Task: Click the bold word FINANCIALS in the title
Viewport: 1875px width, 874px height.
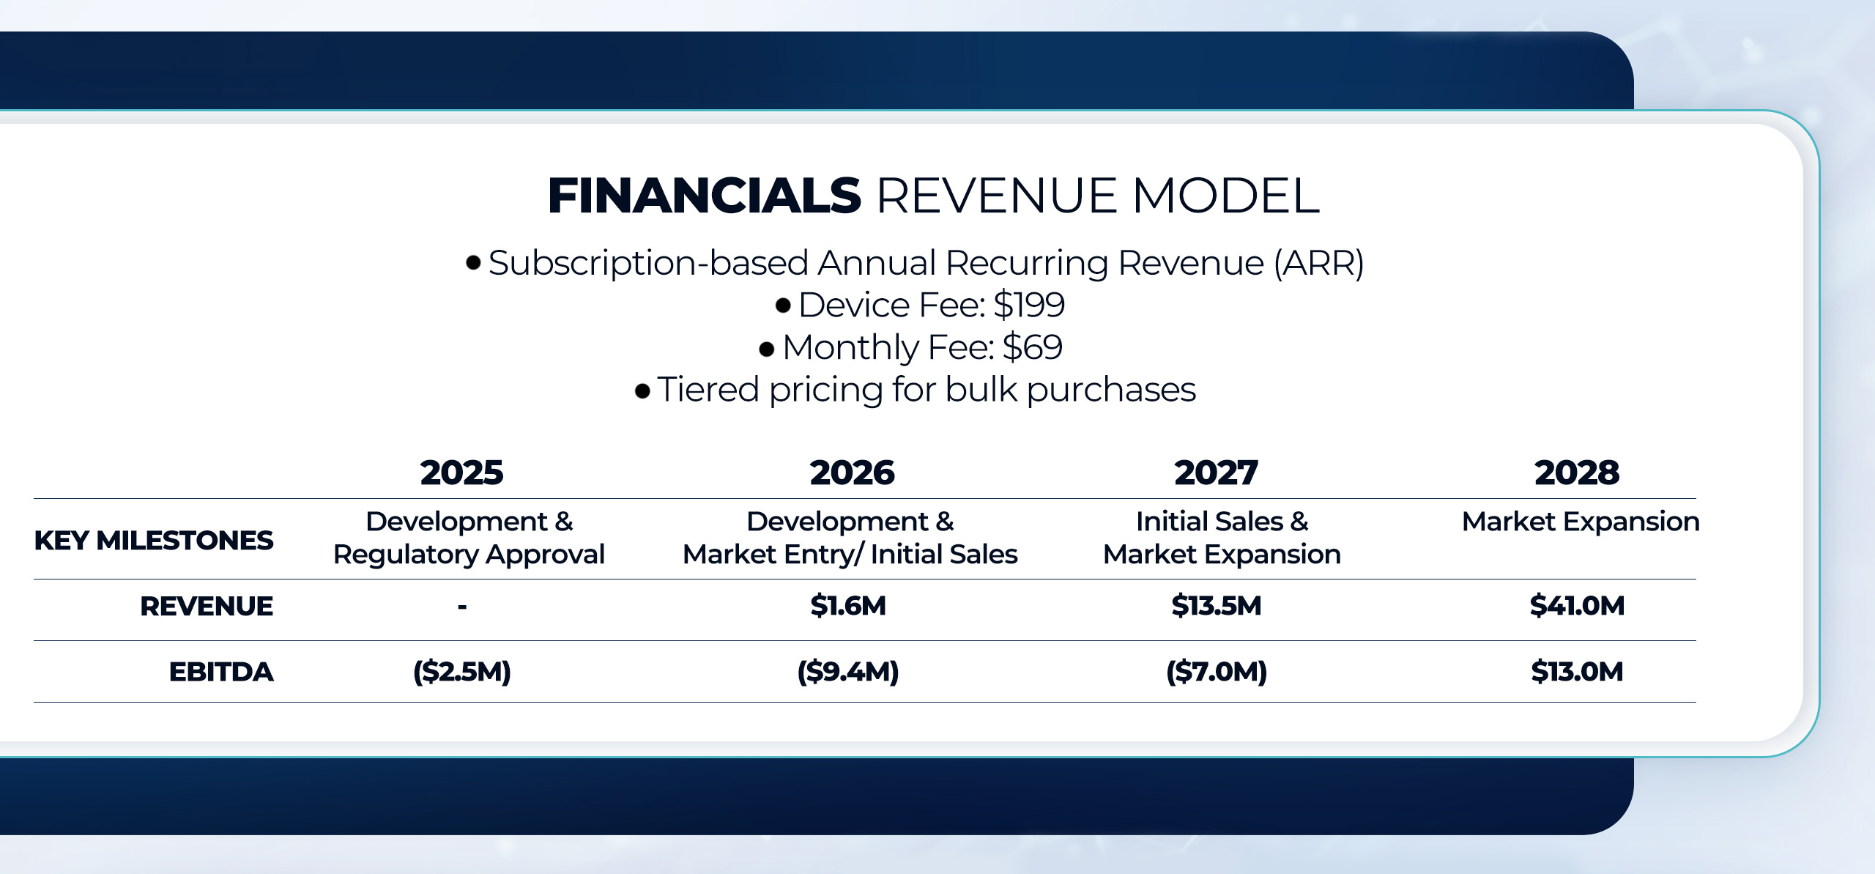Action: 704,196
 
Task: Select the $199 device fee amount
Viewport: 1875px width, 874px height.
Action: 1029,305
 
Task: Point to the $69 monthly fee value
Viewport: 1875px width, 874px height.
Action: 1032,347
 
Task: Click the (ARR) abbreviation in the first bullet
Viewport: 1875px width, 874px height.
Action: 1319,263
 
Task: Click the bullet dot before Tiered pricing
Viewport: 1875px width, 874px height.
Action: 642,391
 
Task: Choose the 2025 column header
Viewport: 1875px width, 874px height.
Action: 462,473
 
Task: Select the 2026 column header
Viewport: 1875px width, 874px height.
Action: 852,473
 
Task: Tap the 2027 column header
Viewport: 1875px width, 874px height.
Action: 1216,473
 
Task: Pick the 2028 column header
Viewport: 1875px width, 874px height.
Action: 1577,473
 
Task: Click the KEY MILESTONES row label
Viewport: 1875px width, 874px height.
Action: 154,541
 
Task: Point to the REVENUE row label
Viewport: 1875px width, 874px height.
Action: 207,607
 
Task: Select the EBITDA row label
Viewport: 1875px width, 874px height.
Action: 221,672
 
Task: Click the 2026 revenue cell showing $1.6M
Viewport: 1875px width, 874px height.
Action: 848,606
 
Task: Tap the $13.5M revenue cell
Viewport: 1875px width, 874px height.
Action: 1217,606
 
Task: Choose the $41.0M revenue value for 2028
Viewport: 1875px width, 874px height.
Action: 1577,606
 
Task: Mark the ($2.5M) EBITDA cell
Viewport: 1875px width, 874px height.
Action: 462,672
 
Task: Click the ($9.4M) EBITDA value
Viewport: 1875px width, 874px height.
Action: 848,672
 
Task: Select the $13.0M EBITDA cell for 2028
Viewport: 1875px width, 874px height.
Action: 1577,672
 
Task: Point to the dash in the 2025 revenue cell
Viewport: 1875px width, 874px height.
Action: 462,607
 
